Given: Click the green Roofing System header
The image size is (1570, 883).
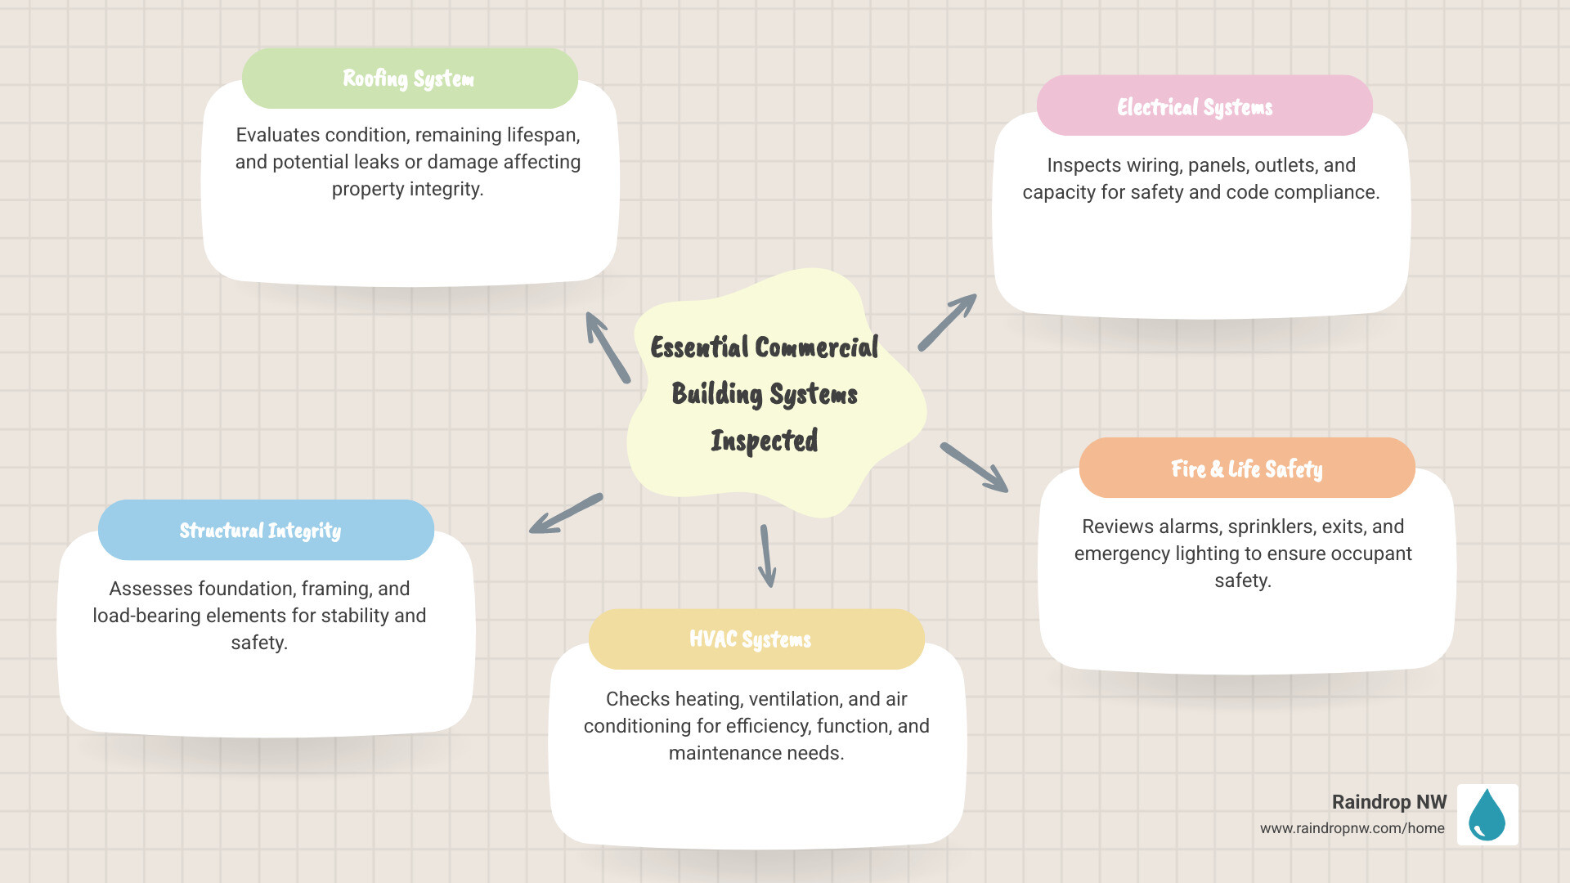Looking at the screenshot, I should pyautogui.click(x=409, y=78).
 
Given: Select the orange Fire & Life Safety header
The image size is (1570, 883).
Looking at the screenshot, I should pyautogui.click(x=1246, y=468).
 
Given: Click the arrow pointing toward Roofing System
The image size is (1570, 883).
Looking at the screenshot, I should pyautogui.click(x=607, y=347).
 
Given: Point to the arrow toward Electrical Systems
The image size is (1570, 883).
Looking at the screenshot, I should pyautogui.click(x=947, y=322).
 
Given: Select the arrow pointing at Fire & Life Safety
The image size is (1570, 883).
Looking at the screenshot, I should pyautogui.click(x=973, y=467).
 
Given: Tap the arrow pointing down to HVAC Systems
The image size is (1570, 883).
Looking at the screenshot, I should pyautogui.click(x=766, y=556).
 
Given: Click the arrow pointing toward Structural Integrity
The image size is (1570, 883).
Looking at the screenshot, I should pyautogui.click(x=565, y=514).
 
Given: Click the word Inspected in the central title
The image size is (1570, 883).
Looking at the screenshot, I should pyautogui.click(x=764, y=441).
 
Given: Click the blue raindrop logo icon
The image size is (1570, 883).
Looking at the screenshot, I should pyautogui.click(x=1487, y=814).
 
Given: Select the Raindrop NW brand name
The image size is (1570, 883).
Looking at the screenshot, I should pyautogui.click(x=1388, y=802).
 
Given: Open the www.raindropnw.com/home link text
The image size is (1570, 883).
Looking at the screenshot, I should pyautogui.click(x=1352, y=828).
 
